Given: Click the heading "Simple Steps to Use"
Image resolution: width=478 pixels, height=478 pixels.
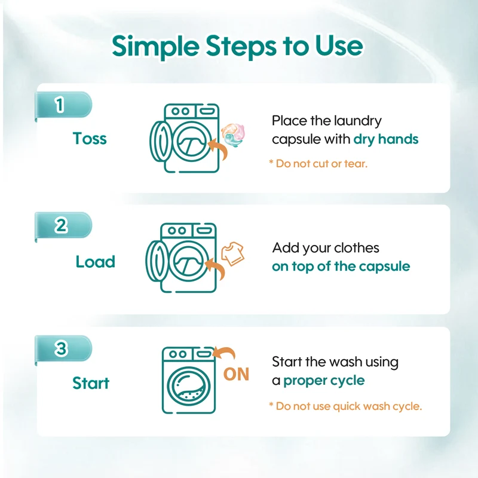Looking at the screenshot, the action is (x=237, y=46).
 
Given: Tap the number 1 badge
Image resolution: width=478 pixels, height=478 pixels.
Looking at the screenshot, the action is (x=63, y=105).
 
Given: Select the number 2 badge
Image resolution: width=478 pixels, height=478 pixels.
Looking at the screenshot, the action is (x=63, y=226).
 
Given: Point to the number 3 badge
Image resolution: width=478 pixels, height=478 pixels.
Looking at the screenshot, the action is (x=63, y=348).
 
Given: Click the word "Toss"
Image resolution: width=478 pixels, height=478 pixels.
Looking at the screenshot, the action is (x=90, y=139).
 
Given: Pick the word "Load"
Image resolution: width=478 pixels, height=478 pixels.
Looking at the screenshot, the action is (x=96, y=262).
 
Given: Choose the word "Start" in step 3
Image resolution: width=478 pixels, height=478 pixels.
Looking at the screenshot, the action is (x=91, y=383).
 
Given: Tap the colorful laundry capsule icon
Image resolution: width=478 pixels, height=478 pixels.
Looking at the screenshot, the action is (x=233, y=135).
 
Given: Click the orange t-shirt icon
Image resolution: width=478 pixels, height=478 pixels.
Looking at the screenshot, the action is (x=232, y=253).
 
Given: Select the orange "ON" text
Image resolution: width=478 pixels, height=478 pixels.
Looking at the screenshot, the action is (x=236, y=374).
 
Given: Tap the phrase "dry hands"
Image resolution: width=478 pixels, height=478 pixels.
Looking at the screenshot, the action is (x=386, y=139).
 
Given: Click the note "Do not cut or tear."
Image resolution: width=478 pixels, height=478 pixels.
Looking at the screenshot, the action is (x=318, y=164).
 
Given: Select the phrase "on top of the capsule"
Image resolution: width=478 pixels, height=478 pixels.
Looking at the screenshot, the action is (x=341, y=266).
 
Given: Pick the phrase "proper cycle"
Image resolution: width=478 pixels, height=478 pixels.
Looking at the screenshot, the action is (x=324, y=381).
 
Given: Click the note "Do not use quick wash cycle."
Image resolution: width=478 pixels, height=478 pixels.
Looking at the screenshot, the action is (x=346, y=406).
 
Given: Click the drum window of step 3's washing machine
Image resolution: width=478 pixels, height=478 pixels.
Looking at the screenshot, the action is (x=189, y=386).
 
